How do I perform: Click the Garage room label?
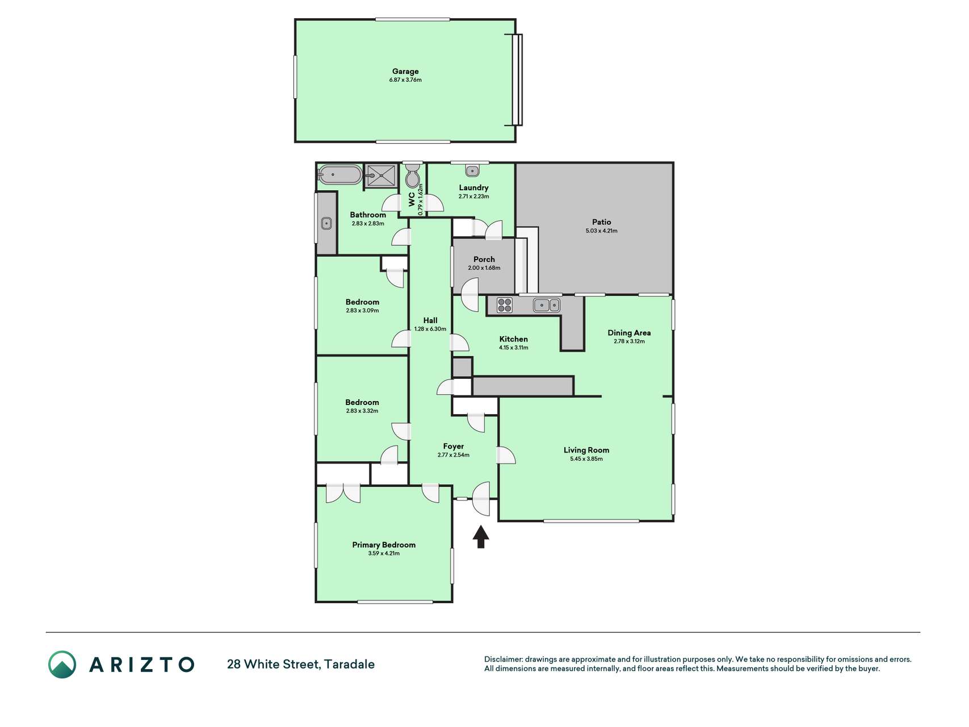[x=405, y=72]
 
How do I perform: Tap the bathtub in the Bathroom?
[x=339, y=175]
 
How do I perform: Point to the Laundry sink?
[x=472, y=170]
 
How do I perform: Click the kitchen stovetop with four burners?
[x=505, y=305]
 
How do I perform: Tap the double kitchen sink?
[x=547, y=306]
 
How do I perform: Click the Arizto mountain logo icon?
[x=62, y=665]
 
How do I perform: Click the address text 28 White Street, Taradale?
[x=301, y=665]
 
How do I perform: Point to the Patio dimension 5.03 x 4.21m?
[x=602, y=231]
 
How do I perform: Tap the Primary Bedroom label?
[x=384, y=545]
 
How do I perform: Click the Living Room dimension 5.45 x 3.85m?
[x=586, y=459]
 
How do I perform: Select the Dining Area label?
[x=629, y=333]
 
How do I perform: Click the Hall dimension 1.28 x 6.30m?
[x=430, y=329]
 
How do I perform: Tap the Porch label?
[x=484, y=260]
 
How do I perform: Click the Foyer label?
[x=454, y=446]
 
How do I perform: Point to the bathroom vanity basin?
[x=326, y=223]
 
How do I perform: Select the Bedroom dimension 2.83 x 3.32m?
[x=362, y=411]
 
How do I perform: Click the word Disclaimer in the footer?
[x=503, y=659]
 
